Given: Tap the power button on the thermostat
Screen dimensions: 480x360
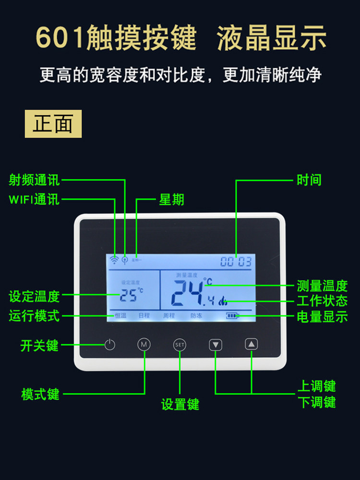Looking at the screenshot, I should point(110,345).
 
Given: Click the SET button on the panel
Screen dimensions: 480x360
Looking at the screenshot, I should point(180,345).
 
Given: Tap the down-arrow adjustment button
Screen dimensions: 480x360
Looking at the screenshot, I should point(216,345).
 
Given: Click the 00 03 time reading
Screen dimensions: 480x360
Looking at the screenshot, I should point(236,262).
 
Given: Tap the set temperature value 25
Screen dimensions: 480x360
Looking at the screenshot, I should point(128,295).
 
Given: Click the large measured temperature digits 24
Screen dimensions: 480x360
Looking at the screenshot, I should point(188,292).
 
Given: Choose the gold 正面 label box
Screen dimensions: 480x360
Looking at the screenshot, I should point(53,124).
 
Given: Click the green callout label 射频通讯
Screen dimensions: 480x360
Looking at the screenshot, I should point(35,180).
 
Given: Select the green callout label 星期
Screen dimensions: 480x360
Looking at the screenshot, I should point(171,200).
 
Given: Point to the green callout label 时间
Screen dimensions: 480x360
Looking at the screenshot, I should point(309,180).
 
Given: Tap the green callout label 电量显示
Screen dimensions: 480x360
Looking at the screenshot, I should point(322,317).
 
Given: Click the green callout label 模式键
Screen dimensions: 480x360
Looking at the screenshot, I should point(40,394).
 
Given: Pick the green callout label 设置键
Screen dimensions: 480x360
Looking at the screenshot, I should point(180,404).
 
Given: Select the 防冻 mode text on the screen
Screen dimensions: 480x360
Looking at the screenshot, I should point(196,316).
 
